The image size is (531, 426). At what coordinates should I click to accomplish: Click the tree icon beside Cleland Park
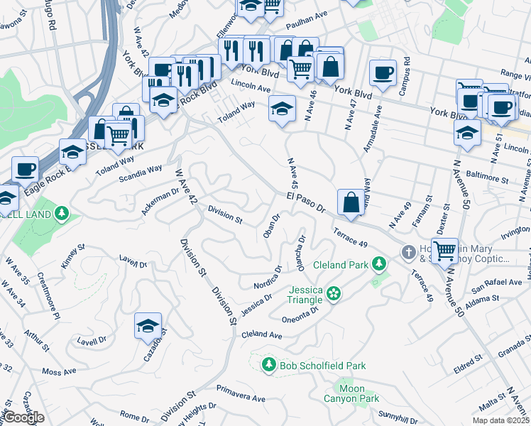click(379, 265)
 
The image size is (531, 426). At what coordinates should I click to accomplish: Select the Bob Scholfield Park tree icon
click(268, 365)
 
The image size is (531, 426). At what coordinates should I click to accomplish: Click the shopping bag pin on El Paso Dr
click(351, 202)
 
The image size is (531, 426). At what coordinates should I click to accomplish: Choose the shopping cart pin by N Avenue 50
click(444, 251)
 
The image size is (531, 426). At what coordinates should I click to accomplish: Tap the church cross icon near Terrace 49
click(408, 252)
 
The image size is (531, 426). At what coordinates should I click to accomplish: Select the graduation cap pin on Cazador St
click(148, 326)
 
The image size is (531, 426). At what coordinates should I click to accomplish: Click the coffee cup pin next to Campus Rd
click(383, 72)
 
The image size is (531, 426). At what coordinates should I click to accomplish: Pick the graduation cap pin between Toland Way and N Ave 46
click(282, 109)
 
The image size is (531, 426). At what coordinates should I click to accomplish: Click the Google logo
click(24, 417)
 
